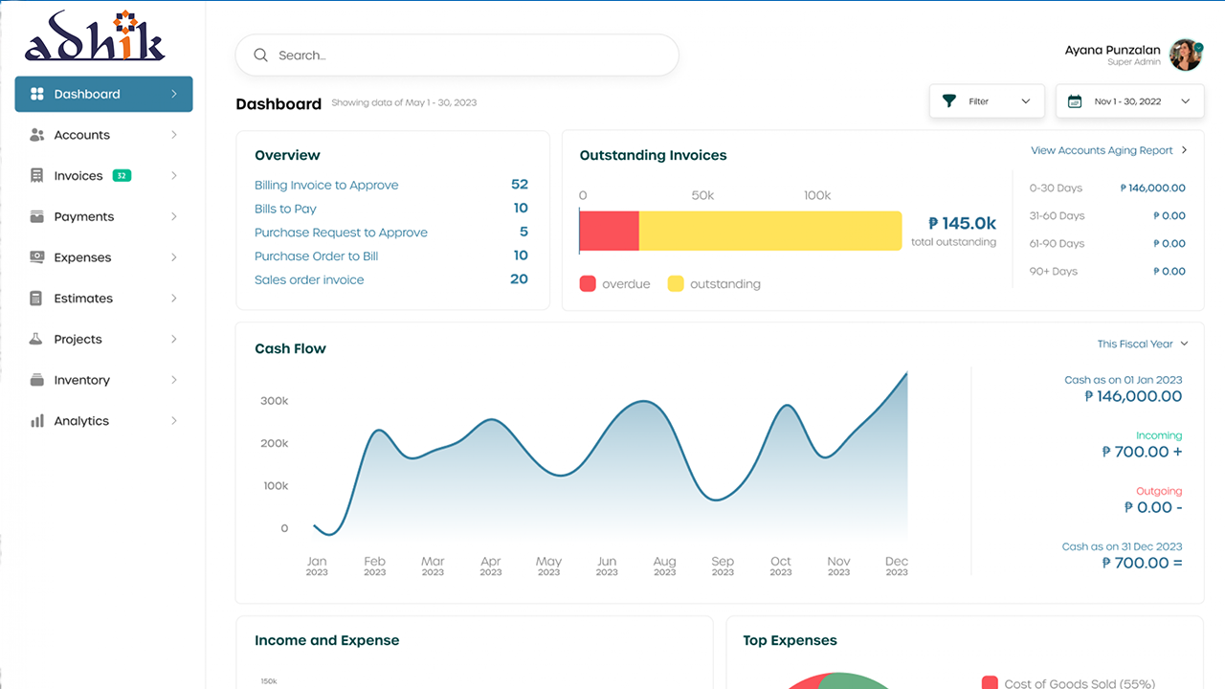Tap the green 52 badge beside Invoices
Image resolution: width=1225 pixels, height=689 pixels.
coord(122,176)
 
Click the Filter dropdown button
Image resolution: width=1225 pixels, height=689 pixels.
coord(987,101)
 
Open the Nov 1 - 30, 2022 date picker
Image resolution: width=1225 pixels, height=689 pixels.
coord(1129,101)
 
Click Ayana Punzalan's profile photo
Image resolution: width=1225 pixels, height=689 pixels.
coord(1186,56)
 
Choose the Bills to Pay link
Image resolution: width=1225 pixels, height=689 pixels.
coord(285,209)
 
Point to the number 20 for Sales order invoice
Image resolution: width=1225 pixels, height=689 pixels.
coord(519,279)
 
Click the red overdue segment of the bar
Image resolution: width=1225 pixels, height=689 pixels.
coord(610,232)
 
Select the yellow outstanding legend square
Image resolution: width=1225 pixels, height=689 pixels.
coord(676,284)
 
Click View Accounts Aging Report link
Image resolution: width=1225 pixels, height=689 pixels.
coord(1102,150)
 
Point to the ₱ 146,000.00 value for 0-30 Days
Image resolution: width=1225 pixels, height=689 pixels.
coord(1152,189)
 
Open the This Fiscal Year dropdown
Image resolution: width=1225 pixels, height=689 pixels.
coord(1142,344)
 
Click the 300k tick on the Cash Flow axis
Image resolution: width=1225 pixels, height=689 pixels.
coord(274,401)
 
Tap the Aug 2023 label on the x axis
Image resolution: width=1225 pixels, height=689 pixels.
coord(664,566)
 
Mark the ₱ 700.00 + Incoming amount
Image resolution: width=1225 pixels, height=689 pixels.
coord(1142,452)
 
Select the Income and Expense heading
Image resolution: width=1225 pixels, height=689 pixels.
coord(326,640)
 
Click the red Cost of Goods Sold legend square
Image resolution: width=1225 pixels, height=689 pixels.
coord(990,683)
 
